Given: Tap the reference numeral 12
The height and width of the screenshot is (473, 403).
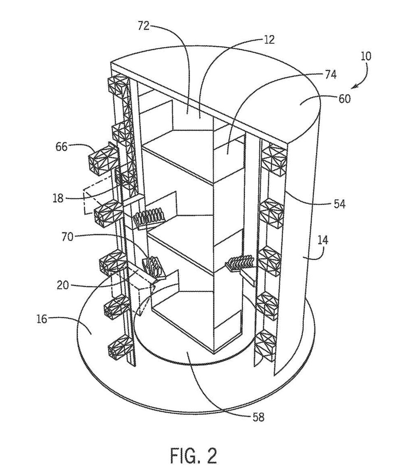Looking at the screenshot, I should point(269,40).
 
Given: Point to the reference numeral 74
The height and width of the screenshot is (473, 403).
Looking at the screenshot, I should point(330,75).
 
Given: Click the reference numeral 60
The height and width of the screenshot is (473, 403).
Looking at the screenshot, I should point(345,99).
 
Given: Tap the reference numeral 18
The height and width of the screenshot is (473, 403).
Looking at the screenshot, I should point(58,198).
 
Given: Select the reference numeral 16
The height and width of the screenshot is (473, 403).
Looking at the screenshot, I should point(42,319).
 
